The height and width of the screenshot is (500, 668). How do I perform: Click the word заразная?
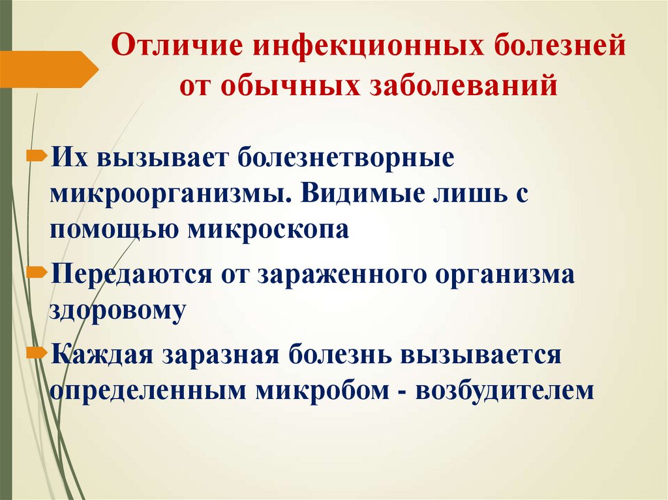[x=220, y=357]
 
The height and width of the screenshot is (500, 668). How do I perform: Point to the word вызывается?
[x=481, y=357]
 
